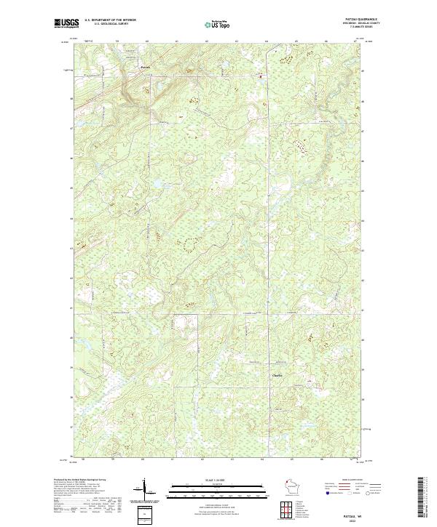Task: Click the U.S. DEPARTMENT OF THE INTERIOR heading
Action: coord(111,20)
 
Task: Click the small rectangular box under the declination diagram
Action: coord(143,514)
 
